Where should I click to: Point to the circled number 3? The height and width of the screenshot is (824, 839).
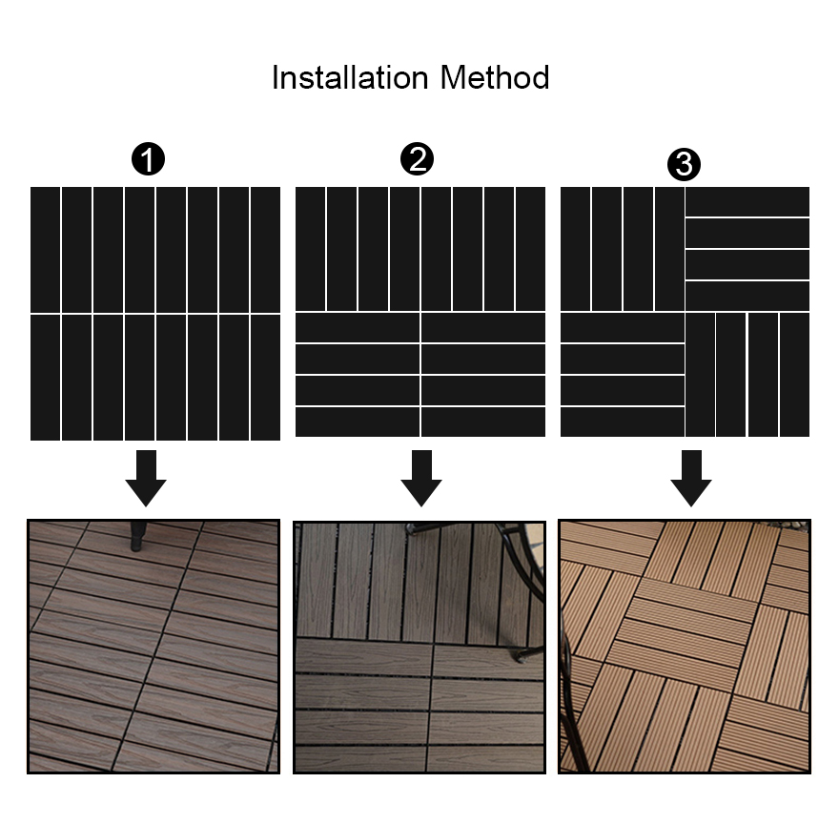click(x=684, y=165)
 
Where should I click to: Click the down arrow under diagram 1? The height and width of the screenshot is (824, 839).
click(x=146, y=478)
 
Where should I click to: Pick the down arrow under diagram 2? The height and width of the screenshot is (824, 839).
click(x=420, y=478)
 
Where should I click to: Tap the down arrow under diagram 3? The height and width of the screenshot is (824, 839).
click(x=690, y=478)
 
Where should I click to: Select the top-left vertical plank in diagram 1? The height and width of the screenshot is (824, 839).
click(x=46, y=249)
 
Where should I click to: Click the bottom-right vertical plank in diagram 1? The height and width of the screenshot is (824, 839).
click(x=266, y=377)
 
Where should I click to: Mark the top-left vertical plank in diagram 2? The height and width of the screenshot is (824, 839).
click(x=310, y=249)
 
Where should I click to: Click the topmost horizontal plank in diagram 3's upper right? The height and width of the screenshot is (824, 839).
click(x=747, y=201)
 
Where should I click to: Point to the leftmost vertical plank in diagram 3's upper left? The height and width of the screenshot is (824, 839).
click(x=575, y=249)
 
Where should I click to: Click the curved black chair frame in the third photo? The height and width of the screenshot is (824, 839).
click(x=568, y=668)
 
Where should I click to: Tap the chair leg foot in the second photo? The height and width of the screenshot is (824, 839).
click(x=521, y=656)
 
